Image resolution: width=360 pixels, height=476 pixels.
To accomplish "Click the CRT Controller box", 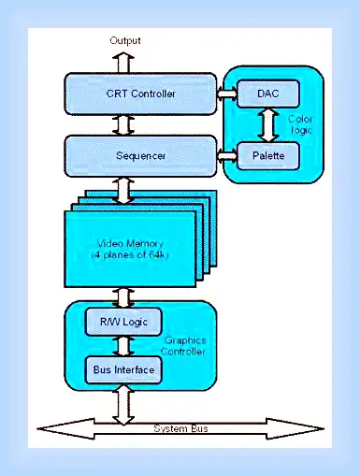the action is (x=140, y=94).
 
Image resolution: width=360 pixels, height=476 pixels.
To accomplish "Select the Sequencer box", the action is (x=140, y=155).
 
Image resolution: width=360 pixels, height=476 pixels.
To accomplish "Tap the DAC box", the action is (x=268, y=94).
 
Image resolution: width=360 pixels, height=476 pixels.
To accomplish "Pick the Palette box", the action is (x=268, y=155).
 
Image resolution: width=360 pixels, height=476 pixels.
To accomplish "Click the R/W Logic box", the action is (x=123, y=322).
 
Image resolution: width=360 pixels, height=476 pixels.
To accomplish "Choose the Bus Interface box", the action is (x=123, y=369).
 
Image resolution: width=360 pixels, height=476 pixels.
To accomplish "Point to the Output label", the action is (x=125, y=40).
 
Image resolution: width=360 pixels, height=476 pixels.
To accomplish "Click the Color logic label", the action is (x=300, y=124).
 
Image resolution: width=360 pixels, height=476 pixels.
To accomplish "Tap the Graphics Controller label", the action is (x=183, y=346).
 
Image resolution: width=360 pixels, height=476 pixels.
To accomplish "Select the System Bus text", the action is (x=180, y=428).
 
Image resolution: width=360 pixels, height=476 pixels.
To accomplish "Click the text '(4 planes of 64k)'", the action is (x=130, y=254).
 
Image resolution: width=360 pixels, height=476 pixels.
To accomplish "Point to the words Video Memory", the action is (x=130, y=243).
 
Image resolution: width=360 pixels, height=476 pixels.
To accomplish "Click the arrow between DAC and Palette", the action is (x=268, y=124).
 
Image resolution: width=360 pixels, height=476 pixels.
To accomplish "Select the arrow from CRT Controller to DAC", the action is (x=227, y=94).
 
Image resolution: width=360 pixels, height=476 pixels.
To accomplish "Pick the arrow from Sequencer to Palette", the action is (x=227, y=155).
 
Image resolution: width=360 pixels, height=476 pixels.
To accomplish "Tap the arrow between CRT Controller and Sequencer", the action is (x=123, y=124).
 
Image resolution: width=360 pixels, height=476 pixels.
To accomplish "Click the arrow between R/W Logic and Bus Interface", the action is (x=123, y=346).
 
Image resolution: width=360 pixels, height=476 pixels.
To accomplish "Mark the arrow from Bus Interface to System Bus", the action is (x=123, y=404).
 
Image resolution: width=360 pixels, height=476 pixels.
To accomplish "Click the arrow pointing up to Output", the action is (x=123, y=63).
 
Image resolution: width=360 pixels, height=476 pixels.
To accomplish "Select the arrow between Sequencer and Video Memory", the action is (x=123, y=191).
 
